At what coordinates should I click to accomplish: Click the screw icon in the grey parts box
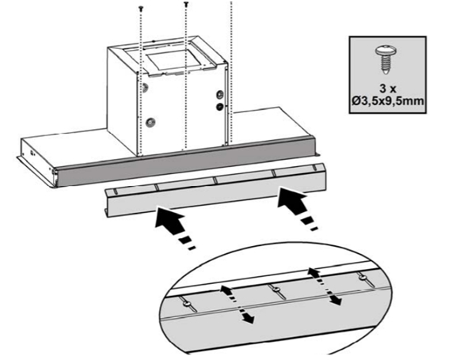(386, 60)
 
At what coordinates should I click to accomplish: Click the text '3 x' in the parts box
(388, 89)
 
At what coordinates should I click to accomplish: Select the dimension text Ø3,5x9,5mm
(388, 100)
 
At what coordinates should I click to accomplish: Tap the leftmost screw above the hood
(141, 8)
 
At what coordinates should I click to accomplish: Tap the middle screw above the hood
(186, 4)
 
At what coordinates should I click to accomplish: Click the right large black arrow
(298, 209)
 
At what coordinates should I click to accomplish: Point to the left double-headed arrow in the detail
(237, 303)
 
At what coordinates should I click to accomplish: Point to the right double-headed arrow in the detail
(325, 286)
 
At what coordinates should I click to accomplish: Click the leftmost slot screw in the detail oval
(186, 304)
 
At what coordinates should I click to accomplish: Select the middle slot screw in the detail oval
(275, 290)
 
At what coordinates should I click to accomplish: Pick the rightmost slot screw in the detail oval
(362, 277)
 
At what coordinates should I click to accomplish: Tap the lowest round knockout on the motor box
(150, 123)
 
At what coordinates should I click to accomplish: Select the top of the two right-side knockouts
(219, 94)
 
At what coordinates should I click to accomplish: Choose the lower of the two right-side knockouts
(219, 106)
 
